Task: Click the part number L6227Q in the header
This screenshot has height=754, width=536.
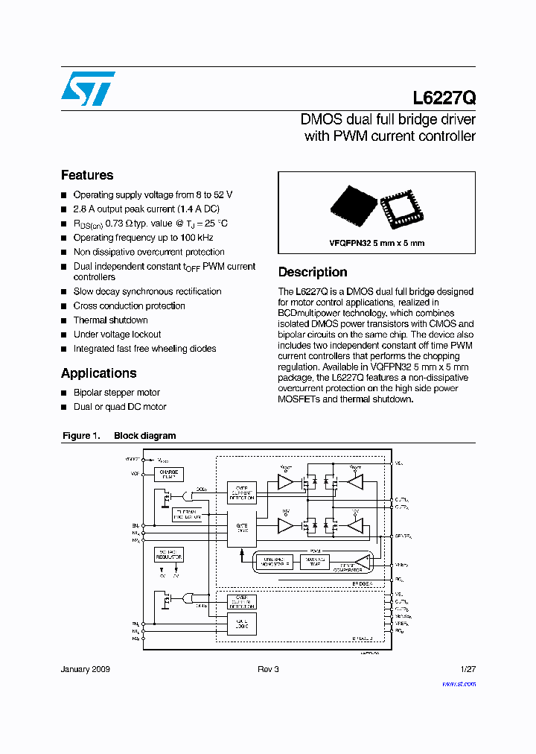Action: tap(444, 98)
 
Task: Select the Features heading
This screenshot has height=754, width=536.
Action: tap(87, 175)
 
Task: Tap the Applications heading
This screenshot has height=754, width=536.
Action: tap(98, 373)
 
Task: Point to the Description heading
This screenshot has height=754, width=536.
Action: tap(313, 272)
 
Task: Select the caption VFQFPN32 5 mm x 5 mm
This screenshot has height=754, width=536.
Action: tap(377, 243)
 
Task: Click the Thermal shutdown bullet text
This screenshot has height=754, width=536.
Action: tap(110, 320)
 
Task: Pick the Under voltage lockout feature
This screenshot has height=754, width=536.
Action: tap(117, 335)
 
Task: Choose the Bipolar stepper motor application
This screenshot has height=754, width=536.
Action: tap(116, 393)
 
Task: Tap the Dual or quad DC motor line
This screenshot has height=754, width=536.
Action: tap(119, 407)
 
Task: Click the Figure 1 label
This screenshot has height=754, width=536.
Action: tap(80, 436)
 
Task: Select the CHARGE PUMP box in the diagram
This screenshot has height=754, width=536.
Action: tap(168, 474)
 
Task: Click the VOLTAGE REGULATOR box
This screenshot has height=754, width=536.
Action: tap(168, 554)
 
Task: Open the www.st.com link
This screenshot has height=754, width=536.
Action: tap(459, 683)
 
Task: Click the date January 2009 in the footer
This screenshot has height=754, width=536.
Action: tap(85, 670)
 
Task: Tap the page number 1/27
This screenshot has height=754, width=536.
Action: tap(468, 670)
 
